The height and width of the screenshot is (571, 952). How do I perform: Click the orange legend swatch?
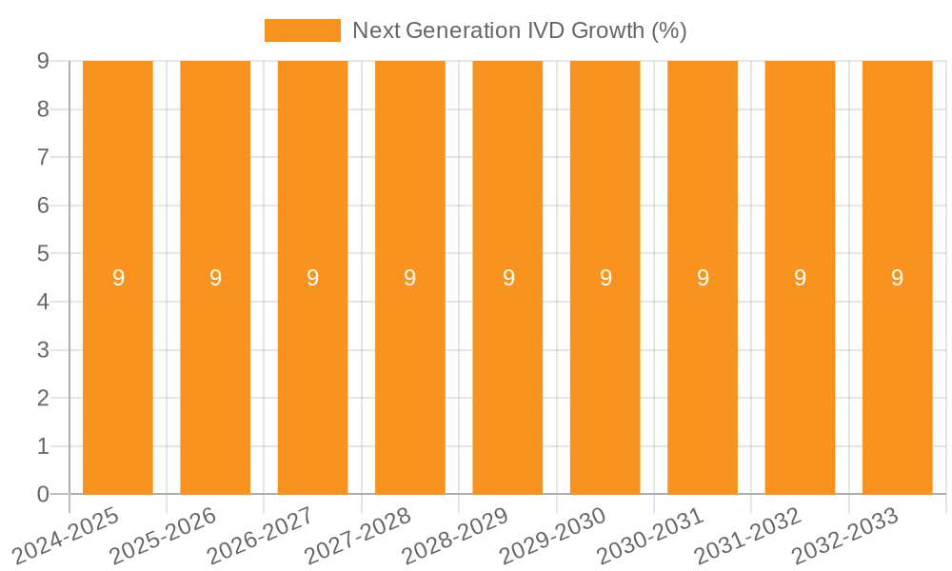pyautogui.click(x=302, y=30)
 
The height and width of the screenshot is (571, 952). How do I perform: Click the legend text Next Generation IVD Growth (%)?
pyautogui.click(x=519, y=30)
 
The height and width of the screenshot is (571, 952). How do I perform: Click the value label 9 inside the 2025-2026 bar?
pyautogui.click(x=215, y=278)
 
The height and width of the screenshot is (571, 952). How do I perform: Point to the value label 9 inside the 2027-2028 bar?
pyautogui.click(x=410, y=278)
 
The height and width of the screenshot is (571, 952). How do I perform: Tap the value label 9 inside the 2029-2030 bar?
pyautogui.click(x=605, y=278)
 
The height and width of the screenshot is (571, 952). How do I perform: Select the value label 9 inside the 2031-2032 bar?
pyautogui.click(x=800, y=278)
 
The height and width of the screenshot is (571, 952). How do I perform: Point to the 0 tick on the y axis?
pyautogui.click(x=43, y=494)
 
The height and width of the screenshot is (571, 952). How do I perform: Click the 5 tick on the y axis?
pyautogui.click(x=43, y=254)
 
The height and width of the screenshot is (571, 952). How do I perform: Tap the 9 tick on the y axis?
pyautogui.click(x=43, y=61)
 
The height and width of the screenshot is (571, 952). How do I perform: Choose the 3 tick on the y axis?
pyautogui.click(x=43, y=350)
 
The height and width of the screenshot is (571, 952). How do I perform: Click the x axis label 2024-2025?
pyautogui.click(x=67, y=535)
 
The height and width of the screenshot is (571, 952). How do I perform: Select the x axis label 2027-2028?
pyautogui.click(x=359, y=535)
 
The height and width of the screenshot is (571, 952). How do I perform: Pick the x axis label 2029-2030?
pyautogui.click(x=553, y=535)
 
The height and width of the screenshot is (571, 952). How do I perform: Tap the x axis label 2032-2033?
pyautogui.click(x=845, y=535)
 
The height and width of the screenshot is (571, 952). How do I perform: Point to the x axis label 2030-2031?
pyautogui.click(x=651, y=535)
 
